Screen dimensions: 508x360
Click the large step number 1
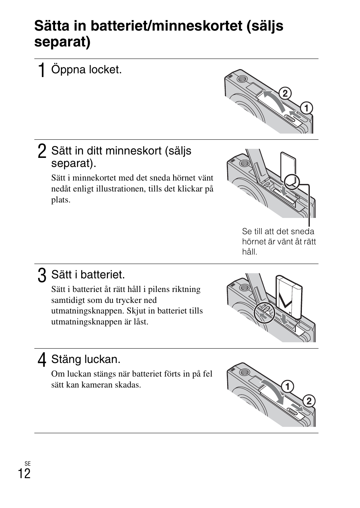click(x=42, y=70)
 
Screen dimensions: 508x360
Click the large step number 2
click(x=42, y=151)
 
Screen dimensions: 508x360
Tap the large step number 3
click(x=42, y=275)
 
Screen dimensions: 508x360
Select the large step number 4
click(x=42, y=360)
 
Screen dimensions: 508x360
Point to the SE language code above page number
click(x=27, y=463)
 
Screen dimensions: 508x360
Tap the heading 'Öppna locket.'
click(x=86, y=70)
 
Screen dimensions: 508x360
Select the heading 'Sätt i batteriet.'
click(x=88, y=275)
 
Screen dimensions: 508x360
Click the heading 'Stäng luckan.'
click(x=86, y=359)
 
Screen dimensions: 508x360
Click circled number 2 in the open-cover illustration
click(x=285, y=93)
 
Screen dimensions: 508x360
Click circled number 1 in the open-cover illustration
click(x=306, y=108)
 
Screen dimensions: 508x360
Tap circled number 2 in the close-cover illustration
click(x=308, y=401)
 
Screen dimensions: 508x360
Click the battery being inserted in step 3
click(x=289, y=296)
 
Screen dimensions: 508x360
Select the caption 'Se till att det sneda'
click(x=278, y=232)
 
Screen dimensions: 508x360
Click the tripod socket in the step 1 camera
click(x=242, y=79)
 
